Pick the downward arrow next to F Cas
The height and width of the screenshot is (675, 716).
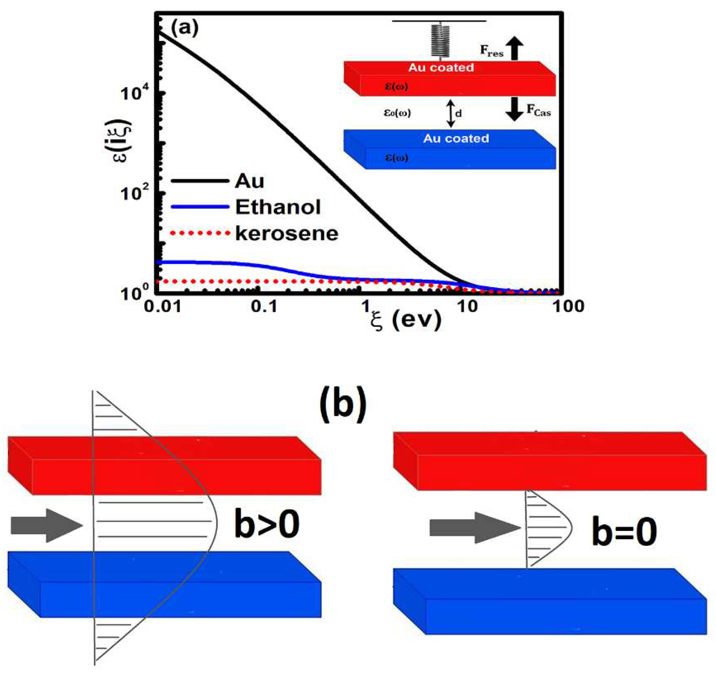[x=515, y=109]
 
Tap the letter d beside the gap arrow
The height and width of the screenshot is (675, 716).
[x=459, y=114]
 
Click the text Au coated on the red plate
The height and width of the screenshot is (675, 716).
[x=441, y=67]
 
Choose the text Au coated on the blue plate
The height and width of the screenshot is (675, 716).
[x=456, y=138]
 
